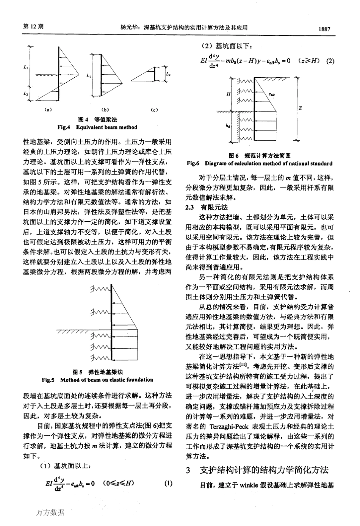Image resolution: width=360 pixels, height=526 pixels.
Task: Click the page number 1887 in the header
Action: (325, 28)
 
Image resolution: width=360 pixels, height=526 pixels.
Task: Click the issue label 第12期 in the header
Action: (33, 27)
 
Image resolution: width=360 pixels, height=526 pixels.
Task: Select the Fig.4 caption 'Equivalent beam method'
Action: (97, 127)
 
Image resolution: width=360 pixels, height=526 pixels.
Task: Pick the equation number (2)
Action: (330, 61)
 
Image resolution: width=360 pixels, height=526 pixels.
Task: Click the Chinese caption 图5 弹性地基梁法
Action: (98, 372)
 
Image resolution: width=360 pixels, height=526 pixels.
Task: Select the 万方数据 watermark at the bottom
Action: (50, 512)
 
